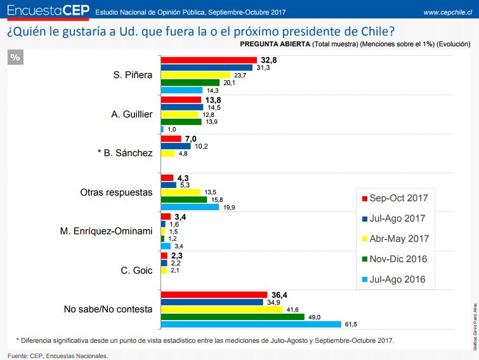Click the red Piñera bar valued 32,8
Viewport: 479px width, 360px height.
pos(209,60)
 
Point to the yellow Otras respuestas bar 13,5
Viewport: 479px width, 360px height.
pos(180,192)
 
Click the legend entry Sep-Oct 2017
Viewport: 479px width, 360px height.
pos(393,197)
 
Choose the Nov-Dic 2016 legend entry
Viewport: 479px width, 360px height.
pos(393,258)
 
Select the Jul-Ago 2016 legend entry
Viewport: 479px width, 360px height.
pos(393,279)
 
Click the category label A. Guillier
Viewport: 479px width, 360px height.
pos(132,114)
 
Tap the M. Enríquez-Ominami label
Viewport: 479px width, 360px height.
pos(104,230)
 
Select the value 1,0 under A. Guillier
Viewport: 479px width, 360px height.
pos(171,130)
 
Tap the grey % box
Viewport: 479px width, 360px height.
pos(16,57)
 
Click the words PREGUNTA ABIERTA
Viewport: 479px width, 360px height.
pos(275,44)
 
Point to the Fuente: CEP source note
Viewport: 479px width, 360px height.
pos(58,356)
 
